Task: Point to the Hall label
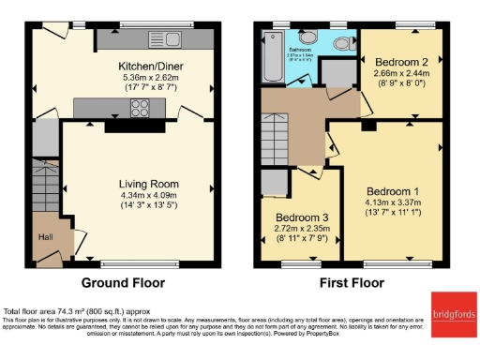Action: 46,237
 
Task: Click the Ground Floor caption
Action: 123,282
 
